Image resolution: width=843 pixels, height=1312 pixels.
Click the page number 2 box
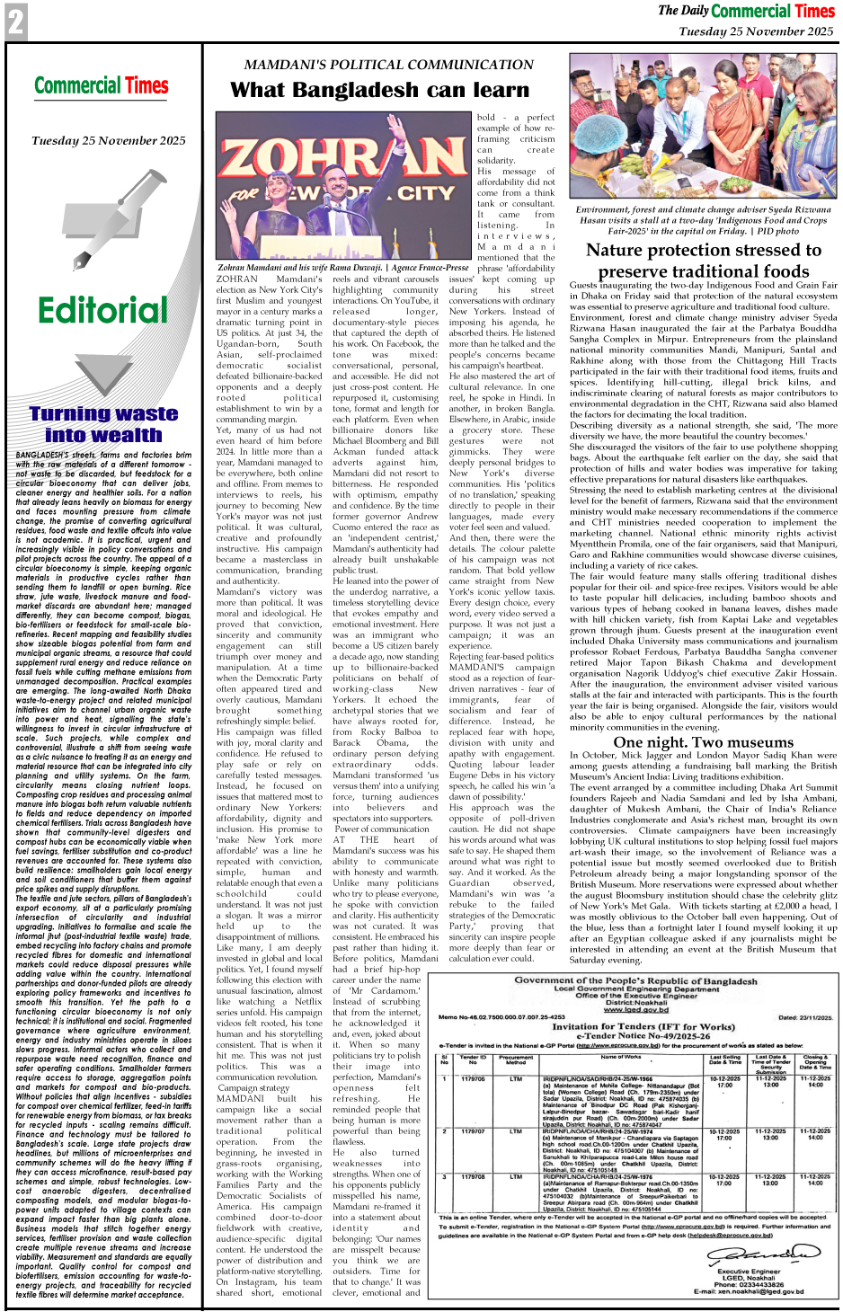pyautogui.click(x=15, y=22)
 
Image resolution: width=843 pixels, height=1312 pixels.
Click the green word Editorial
pyautogui.click(x=102, y=311)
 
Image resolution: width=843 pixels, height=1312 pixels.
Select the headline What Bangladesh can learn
pyautogui.click(x=379, y=90)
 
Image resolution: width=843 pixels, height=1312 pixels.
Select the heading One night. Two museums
pyautogui.click(x=703, y=742)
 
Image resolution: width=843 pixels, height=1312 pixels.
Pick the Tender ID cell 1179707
pyautogui.click(x=473, y=1131)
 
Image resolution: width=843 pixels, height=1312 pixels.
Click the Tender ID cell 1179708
pyautogui.click(x=473, y=1176)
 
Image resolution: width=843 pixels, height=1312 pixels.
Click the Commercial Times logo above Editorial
pyautogui.click(x=102, y=86)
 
